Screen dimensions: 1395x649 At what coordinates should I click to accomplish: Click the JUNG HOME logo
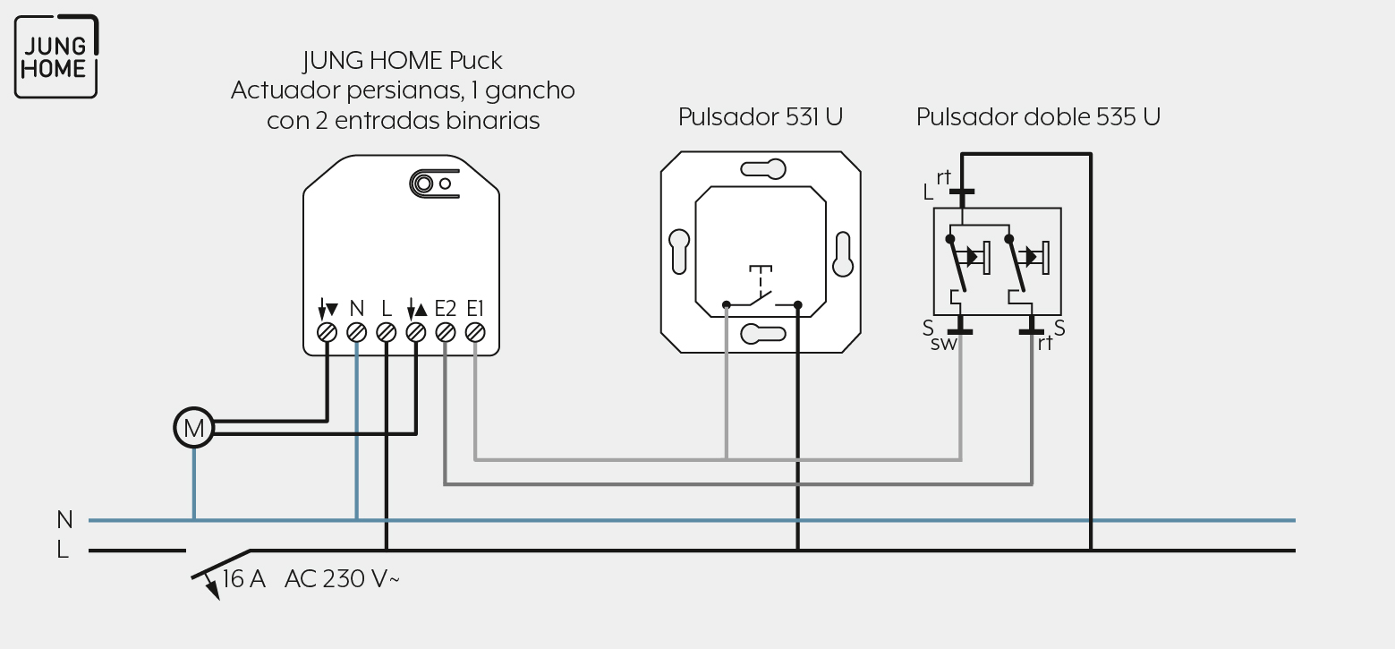[56, 56]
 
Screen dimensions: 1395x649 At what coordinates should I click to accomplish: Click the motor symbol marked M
[193, 428]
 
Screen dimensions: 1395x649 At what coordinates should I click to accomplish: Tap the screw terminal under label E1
[475, 333]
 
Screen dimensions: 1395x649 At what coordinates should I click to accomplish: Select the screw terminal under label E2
[446, 333]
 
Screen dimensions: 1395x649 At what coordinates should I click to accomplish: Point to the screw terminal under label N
[356, 333]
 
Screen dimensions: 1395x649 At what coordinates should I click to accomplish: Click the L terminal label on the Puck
[387, 309]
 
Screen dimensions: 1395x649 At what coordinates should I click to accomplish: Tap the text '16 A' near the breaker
[243, 579]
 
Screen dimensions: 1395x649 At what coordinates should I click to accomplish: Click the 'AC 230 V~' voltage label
[342, 579]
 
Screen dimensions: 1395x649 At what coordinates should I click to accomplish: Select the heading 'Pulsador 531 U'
[761, 117]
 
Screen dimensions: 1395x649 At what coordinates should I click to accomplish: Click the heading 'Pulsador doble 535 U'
[1038, 117]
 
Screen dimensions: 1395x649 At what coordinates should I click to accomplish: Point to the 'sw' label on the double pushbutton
[943, 344]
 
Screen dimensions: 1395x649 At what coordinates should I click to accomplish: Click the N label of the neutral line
[64, 519]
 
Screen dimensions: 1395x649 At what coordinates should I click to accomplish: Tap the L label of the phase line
[63, 550]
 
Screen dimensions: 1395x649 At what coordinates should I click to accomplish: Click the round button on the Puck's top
[423, 184]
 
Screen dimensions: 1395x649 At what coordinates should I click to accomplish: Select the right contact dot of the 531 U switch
[798, 305]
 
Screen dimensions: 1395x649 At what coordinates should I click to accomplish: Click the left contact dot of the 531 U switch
[727, 305]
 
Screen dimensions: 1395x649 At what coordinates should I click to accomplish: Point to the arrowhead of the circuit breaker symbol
[213, 591]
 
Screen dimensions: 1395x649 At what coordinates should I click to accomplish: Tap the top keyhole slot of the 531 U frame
[763, 169]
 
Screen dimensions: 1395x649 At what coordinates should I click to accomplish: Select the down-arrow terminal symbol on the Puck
[327, 309]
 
